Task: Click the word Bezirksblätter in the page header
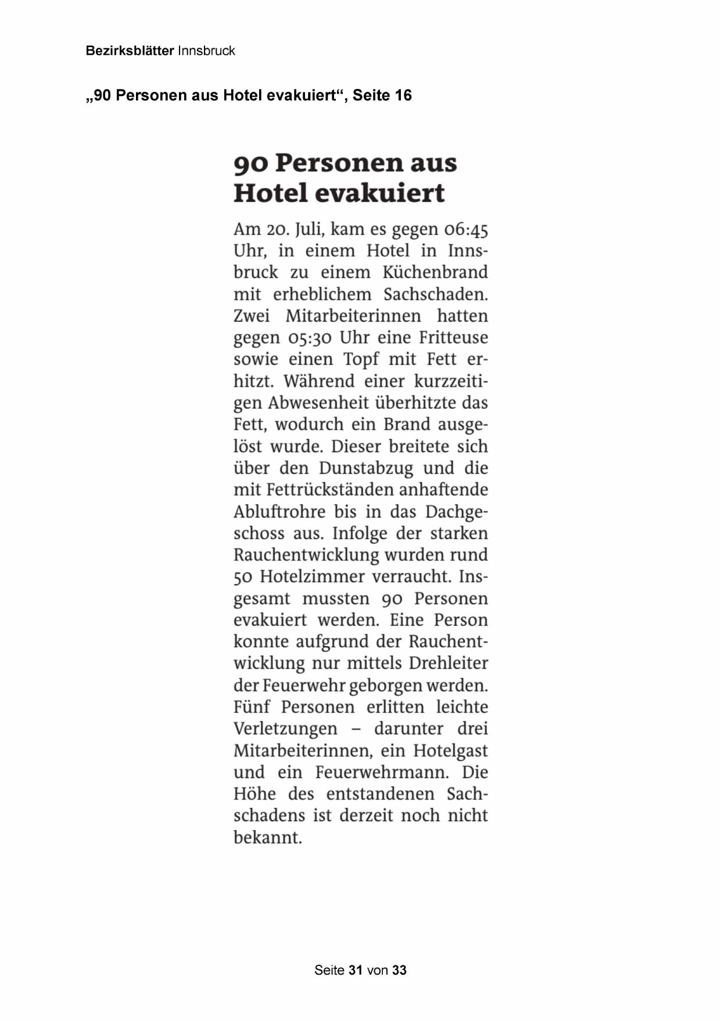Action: pyautogui.click(x=130, y=51)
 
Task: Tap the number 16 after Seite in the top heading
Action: pyautogui.click(x=403, y=95)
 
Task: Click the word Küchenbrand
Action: pyautogui.click(x=435, y=273)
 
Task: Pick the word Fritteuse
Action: pyautogui.click(x=453, y=338)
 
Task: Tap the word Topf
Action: pyautogui.click(x=361, y=360)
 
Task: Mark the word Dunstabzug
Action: pyautogui.click(x=366, y=468)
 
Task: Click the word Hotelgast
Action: pyautogui.click(x=450, y=751)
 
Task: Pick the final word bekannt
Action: pyautogui.click(x=268, y=838)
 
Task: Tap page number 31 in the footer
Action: pyautogui.click(x=356, y=970)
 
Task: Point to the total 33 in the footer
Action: pyautogui.click(x=399, y=970)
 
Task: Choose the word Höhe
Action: pyautogui.click(x=254, y=794)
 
